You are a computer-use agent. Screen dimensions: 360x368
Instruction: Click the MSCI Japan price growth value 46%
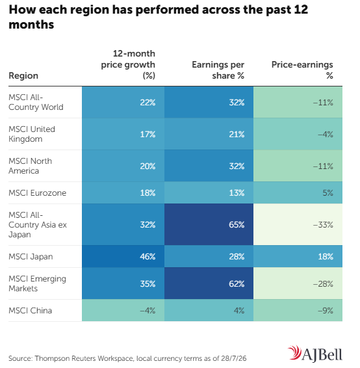coord(148,257)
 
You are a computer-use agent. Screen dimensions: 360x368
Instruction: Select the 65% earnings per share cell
coord(209,224)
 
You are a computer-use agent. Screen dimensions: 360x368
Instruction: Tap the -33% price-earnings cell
coord(298,224)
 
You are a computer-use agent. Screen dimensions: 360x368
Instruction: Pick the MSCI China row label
coord(31,311)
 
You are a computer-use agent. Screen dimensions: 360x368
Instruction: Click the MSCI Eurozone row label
coord(38,193)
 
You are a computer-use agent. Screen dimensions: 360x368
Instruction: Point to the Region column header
coord(23,76)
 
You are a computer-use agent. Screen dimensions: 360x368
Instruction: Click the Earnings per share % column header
coord(218,70)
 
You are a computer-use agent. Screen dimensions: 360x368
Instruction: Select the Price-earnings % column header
coord(302,70)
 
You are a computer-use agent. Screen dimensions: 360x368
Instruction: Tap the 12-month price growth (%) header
coord(128,64)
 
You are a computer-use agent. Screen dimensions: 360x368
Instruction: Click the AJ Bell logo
coord(315,354)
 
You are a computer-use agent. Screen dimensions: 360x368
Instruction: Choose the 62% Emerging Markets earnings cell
coord(209,283)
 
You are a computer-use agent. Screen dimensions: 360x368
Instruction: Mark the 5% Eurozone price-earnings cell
coord(298,192)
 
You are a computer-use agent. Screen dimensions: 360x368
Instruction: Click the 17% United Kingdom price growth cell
coord(123,134)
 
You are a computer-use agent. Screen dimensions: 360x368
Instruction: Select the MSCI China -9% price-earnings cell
coord(298,310)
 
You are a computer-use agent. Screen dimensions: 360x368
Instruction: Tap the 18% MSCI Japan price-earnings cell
coord(298,257)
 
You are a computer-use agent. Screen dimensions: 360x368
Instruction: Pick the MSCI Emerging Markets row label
coord(38,283)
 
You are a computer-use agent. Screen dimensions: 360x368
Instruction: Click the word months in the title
coord(31,25)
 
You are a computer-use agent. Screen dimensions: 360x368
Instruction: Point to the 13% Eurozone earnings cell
coord(209,192)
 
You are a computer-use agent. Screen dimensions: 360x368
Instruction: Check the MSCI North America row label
coord(31,166)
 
